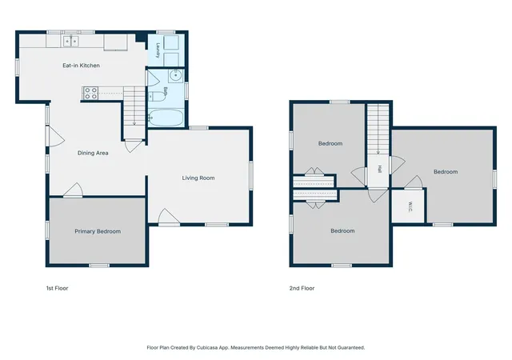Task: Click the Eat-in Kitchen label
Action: pyautogui.click(x=81, y=66)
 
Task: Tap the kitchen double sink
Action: pyautogui.click(x=71, y=42)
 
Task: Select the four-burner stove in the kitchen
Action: pyautogui.click(x=90, y=93)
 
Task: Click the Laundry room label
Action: pyautogui.click(x=158, y=50)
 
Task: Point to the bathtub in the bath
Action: pyautogui.click(x=166, y=118)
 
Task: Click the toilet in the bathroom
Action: pyautogui.click(x=158, y=96)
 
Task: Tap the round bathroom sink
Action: pyautogui.click(x=176, y=75)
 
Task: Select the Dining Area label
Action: pyautogui.click(x=93, y=153)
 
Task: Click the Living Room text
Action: pyautogui.click(x=198, y=178)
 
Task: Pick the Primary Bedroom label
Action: pyautogui.click(x=98, y=231)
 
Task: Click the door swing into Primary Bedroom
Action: pyautogui.click(x=73, y=190)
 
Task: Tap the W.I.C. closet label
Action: pyautogui.click(x=410, y=206)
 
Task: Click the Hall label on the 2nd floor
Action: pyautogui.click(x=379, y=169)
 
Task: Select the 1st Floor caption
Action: pyautogui.click(x=57, y=288)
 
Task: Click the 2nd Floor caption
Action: pyautogui.click(x=302, y=288)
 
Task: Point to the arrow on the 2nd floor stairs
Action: pyautogui.click(x=378, y=130)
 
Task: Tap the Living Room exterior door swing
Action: pyautogui.click(x=169, y=217)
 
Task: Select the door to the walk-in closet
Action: pyautogui.click(x=414, y=182)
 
